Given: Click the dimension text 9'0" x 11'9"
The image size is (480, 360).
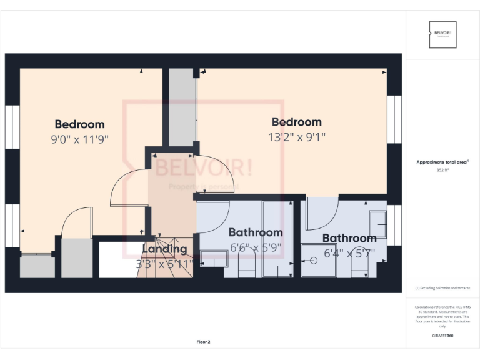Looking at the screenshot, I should [x=79, y=139].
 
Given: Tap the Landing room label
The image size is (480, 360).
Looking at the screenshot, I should [x=164, y=249].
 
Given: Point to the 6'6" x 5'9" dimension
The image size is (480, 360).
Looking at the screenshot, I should [x=256, y=247].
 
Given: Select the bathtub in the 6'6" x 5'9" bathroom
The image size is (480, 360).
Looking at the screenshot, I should [x=277, y=238].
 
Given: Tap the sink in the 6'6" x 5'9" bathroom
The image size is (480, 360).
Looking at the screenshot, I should [x=214, y=258].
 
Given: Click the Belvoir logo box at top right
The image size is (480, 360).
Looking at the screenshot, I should [x=443, y=34].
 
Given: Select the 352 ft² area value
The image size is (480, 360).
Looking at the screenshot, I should [x=443, y=169].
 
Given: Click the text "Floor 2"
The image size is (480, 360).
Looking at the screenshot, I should [x=204, y=342].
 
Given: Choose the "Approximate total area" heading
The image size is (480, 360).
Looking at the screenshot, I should [x=442, y=162].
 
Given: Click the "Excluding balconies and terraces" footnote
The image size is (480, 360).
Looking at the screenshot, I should [x=443, y=288].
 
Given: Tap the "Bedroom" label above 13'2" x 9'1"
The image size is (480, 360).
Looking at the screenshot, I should [x=296, y=122].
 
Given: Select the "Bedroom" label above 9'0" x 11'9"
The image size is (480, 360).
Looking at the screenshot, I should [x=79, y=124].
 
